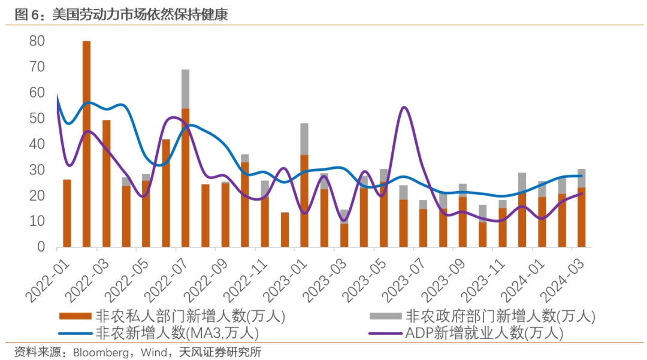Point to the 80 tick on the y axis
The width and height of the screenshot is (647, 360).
click(x=37, y=41)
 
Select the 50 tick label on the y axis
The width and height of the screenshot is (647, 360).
click(x=37, y=118)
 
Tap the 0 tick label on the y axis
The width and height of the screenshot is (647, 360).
click(x=41, y=247)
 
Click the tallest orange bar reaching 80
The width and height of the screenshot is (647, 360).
click(x=86, y=144)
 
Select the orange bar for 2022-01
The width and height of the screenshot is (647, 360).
click(x=66, y=213)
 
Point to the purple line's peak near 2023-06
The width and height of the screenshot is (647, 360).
click(x=404, y=108)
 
